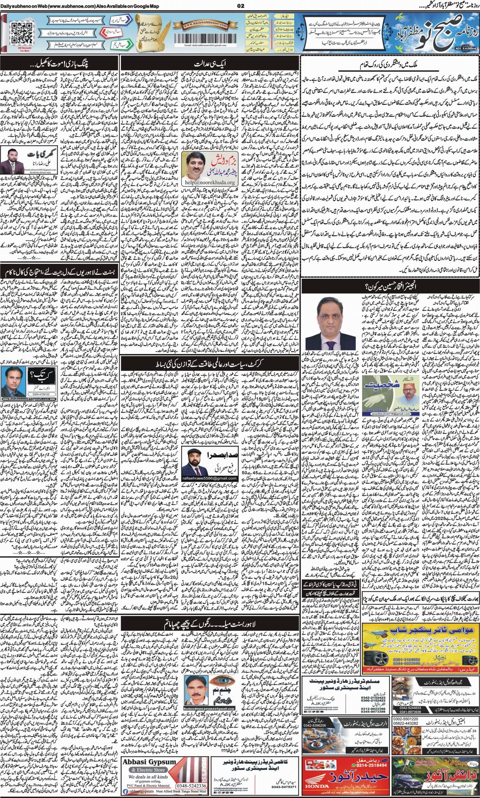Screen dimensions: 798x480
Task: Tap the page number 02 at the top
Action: click(x=240, y=5)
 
